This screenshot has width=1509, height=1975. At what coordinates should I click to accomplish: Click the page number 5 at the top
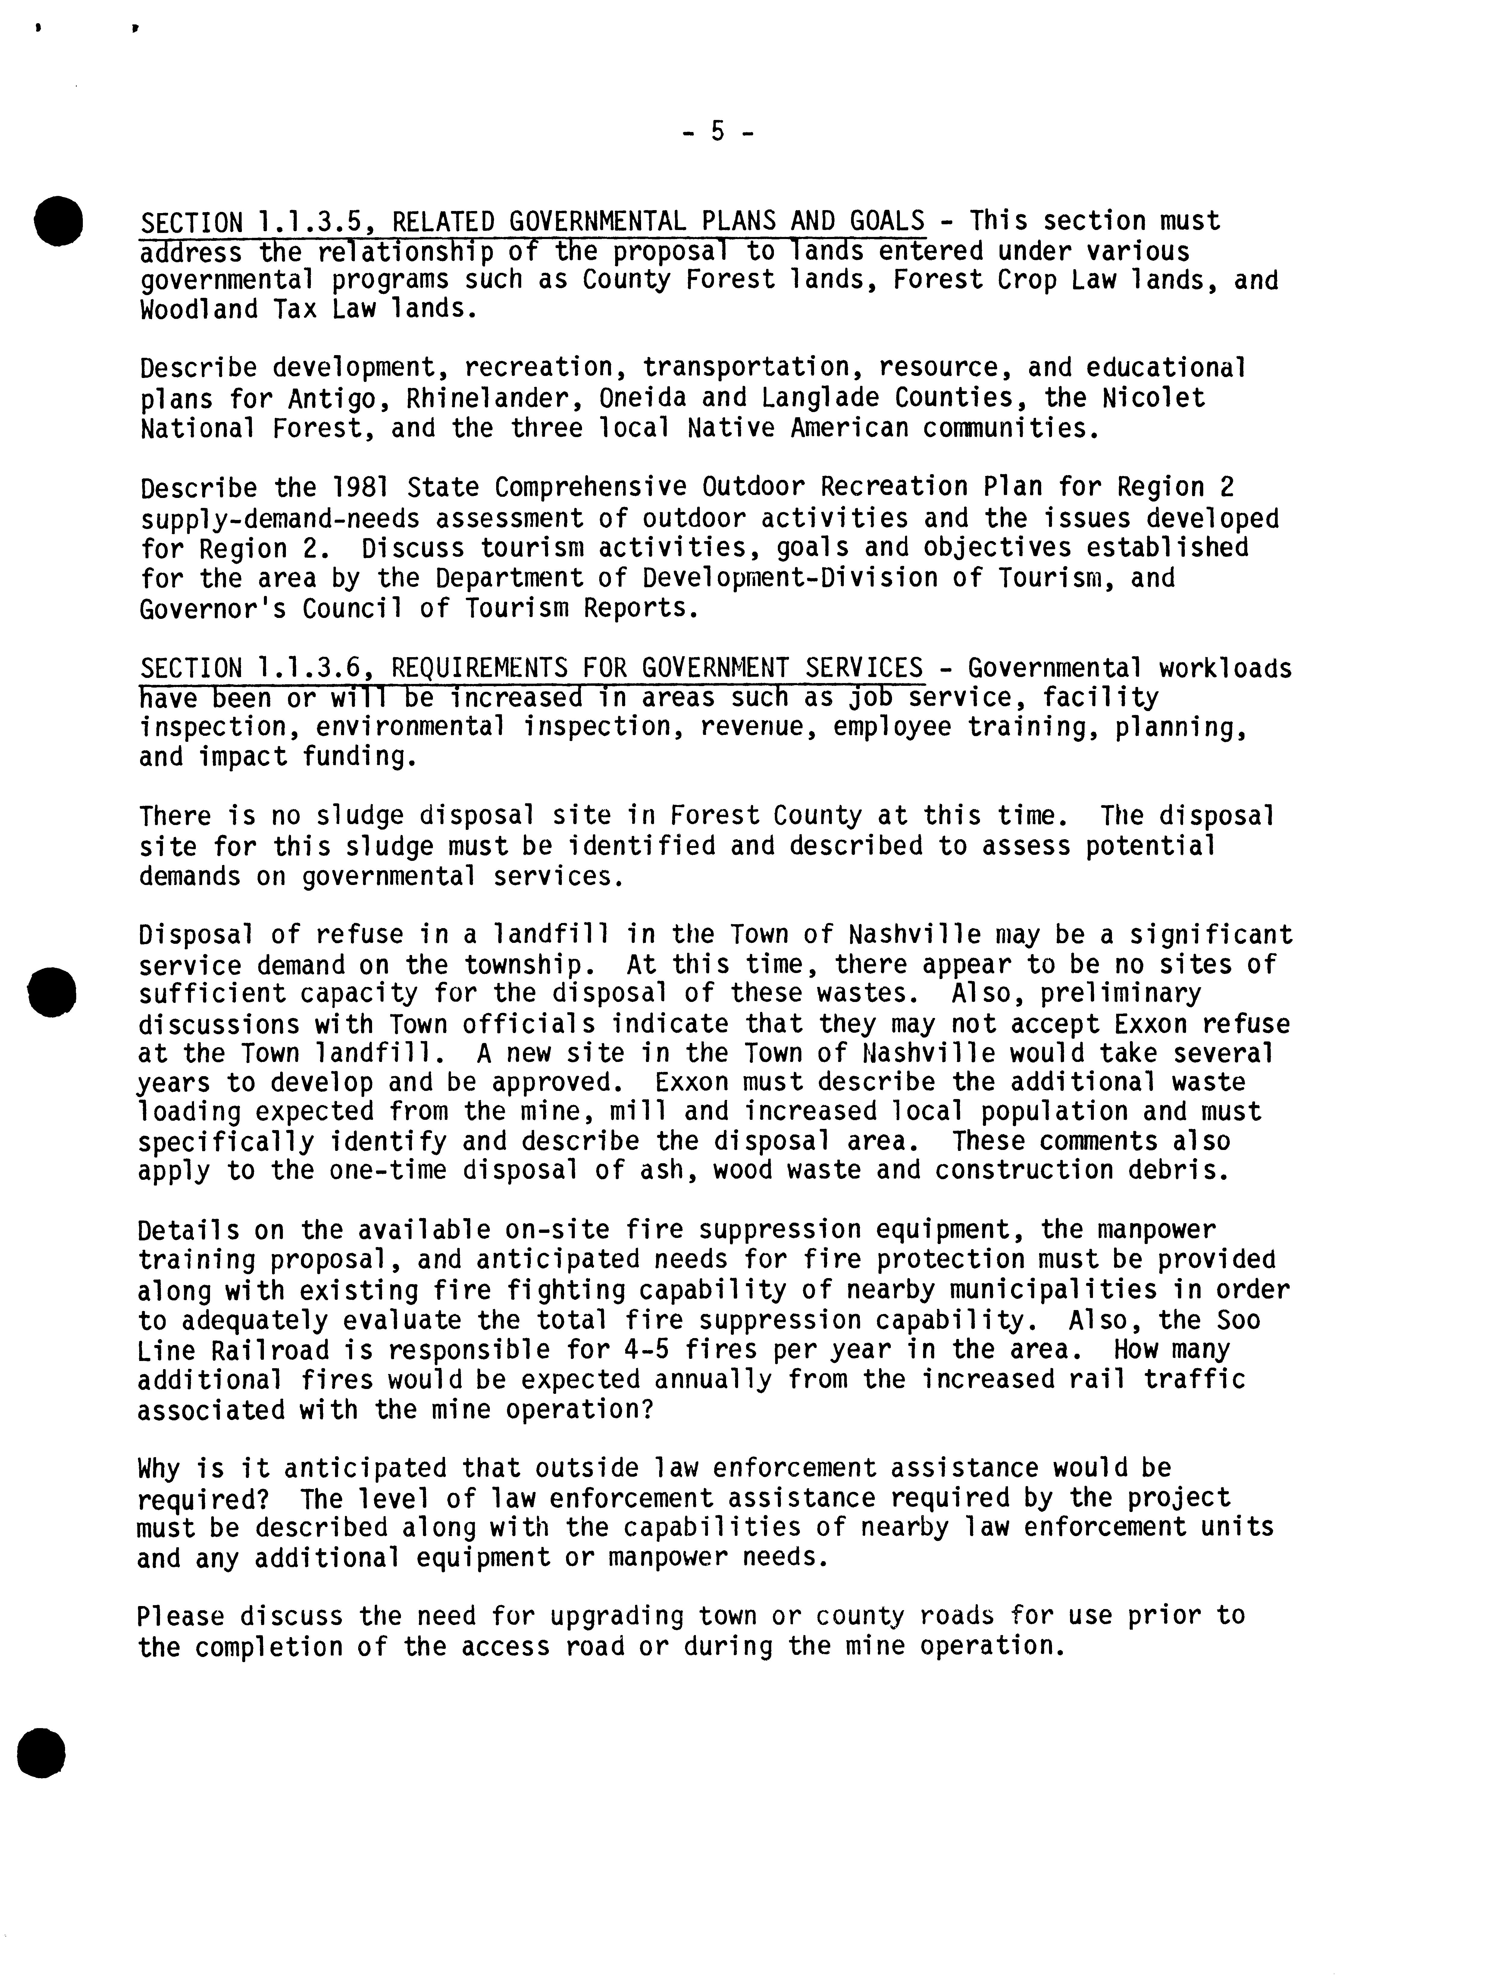tap(718, 132)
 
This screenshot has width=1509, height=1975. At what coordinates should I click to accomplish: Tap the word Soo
tap(1239, 1321)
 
